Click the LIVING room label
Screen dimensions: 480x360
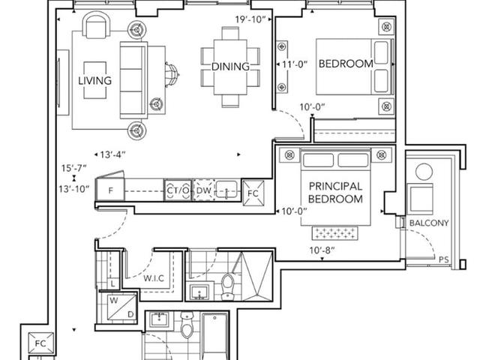(95, 80)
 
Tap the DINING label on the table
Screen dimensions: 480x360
(230, 67)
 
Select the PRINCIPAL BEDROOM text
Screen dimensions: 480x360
(335, 193)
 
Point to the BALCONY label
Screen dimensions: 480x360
(429, 223)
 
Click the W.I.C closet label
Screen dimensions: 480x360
(154, 278)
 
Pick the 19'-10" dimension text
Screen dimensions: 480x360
(250, 19)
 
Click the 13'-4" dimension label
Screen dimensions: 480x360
(113, 154)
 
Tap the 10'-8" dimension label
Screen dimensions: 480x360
(322, 250)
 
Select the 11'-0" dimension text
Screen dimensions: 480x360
(295, 64)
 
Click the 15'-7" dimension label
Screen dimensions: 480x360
(74, 168)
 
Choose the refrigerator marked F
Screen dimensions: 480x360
(110, 190)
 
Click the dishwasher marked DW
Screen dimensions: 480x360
(203, 190)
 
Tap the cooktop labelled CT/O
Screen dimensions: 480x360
(178, 190)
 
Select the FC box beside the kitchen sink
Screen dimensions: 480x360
(253, 193)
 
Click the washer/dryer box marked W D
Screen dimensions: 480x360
(121, 307)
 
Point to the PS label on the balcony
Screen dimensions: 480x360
(443, 259)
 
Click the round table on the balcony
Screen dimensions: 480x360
(424, 172)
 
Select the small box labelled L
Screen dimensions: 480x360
(113, 283)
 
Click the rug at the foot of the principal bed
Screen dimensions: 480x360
(335, 233)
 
